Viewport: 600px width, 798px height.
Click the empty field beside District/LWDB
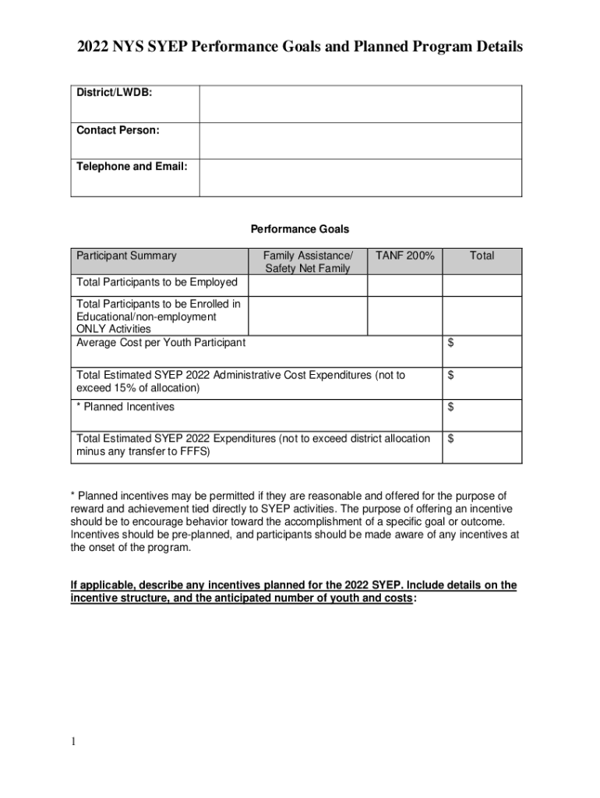click(360, 104)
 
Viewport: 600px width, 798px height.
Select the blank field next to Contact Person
click(360, 140)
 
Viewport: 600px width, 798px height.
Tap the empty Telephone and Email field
click(360, 178)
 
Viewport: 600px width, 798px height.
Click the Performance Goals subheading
click(300, 229)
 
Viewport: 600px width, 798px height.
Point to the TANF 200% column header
click(404, 256)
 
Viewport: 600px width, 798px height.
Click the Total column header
click(482, 256)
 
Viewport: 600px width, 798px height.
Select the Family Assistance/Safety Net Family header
click(308, 262)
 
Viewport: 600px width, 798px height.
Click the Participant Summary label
click(126, 256)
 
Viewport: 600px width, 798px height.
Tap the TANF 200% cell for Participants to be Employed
click(404, 285)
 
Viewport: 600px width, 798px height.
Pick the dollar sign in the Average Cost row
click(451, 344)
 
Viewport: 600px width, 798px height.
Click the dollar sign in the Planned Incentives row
click(451, 407)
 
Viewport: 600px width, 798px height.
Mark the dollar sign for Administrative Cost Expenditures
click(451, 376)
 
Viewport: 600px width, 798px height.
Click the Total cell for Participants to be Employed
click(482, 285)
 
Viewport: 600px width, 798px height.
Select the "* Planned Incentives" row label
click(125, 407)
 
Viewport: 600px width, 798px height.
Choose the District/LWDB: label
click(114, 93)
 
